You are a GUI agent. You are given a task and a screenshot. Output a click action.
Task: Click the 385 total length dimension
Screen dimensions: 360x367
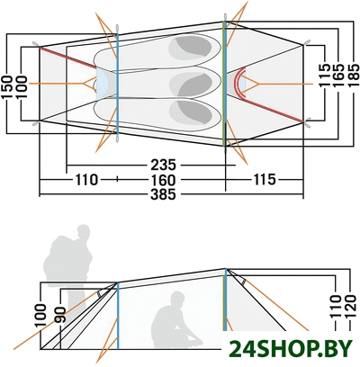[x=163, y=195]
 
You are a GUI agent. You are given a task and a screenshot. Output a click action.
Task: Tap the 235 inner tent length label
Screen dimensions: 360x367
[x=163, y=165]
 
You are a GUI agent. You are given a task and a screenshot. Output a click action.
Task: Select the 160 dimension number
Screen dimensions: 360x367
[x=163, y=180]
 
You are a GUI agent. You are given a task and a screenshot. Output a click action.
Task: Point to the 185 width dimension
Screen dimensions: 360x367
[x=354, y=76]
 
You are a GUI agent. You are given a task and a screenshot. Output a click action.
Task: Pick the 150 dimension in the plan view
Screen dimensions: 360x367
[x=6, y=87]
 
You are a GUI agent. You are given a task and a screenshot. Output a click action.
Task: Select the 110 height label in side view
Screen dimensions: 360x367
[x=336, y=307]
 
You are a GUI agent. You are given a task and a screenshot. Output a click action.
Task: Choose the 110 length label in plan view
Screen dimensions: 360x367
[x=86, y=180]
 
